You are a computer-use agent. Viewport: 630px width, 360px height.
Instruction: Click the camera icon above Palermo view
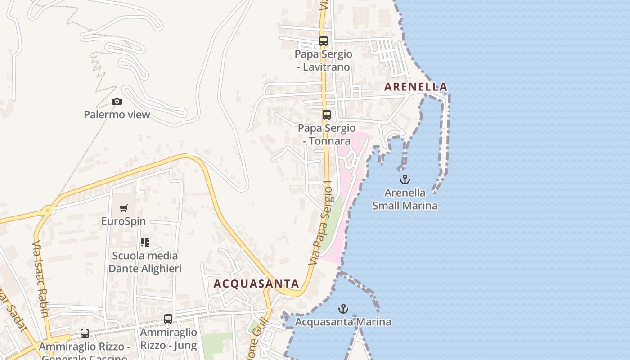117,102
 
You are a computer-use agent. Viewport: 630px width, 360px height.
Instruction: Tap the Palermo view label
117,115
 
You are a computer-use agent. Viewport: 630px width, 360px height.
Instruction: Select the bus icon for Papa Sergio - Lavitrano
323,41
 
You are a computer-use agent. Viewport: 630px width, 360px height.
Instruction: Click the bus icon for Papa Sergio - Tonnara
326,115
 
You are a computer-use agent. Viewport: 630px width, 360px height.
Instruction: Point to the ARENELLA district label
416,87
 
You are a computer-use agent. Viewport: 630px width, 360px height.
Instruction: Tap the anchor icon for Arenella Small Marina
405,180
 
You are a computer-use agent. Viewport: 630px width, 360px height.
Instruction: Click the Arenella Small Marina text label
405,199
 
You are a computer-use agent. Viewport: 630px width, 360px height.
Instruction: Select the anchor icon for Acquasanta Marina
343,309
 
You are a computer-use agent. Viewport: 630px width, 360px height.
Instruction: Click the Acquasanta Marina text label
343,322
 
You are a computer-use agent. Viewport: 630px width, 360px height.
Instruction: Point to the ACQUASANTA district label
256,284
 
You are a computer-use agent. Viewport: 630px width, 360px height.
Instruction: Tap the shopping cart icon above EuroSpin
124,208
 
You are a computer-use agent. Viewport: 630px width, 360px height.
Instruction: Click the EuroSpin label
124,221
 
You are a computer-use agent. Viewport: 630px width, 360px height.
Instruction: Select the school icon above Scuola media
145,243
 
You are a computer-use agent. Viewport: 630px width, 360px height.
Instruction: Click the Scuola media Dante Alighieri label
145,262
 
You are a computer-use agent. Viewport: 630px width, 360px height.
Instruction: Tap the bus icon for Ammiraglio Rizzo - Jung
168,319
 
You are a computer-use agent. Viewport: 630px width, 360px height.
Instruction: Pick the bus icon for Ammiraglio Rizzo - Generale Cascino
85,333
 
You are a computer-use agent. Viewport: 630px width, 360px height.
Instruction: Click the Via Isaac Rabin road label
40,278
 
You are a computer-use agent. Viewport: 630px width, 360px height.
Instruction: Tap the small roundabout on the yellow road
49,210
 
